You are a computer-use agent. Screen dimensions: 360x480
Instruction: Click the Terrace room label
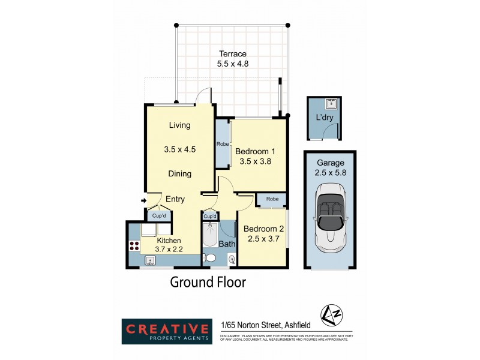(232, 54)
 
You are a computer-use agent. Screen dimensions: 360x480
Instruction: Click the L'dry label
(324, 117)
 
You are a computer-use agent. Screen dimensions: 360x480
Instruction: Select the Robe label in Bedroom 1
(222, 144)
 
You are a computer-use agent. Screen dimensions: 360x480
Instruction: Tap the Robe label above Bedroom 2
(272, 199)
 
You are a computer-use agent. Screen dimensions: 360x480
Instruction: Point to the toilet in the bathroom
(209, 258)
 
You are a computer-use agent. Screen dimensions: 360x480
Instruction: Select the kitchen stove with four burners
(134, 245)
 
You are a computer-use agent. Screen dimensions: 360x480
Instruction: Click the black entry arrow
(143, 200)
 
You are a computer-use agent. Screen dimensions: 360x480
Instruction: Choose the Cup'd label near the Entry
(159, 215)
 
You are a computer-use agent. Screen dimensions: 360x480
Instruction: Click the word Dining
(179, 174)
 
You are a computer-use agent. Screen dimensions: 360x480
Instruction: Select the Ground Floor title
(208, 282)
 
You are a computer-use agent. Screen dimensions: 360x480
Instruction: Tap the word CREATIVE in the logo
(167, 328)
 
